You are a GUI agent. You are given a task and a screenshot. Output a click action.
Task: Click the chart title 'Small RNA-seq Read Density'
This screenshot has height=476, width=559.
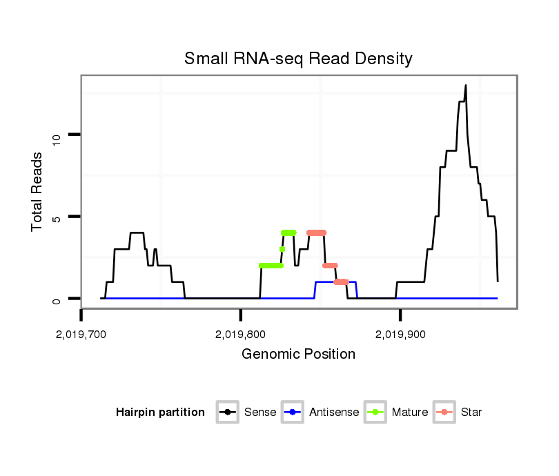298,59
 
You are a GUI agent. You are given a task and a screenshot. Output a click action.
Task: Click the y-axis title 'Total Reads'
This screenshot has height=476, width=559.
38,192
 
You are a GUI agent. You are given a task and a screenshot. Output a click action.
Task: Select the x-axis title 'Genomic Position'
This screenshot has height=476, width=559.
298,355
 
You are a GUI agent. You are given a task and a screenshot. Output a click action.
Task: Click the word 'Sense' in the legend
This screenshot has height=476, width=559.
260,413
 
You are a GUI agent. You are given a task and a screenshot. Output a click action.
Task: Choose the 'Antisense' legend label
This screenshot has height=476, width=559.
334,413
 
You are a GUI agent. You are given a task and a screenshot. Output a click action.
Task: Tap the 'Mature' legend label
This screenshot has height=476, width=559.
410,413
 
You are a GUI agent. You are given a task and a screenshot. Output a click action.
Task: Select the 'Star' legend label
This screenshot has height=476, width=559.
471,413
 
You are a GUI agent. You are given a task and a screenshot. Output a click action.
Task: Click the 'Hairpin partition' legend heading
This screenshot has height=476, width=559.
160,413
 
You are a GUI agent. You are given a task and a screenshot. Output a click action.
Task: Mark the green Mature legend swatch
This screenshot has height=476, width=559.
376,413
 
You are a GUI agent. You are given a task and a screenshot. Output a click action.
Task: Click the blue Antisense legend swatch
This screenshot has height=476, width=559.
293,413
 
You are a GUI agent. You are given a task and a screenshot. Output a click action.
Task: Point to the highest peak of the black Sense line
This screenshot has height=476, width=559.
466,86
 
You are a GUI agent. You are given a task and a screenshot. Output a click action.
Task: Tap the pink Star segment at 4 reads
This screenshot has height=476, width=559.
316,232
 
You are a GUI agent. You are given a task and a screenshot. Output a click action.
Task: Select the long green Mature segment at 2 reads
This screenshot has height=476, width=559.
271,266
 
